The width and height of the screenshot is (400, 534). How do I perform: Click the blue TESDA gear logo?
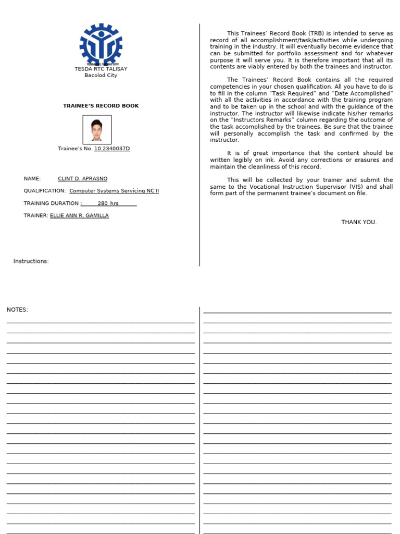pos(101,44)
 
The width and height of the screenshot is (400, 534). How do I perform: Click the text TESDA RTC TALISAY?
pos(101,69)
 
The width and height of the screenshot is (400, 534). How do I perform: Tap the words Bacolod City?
pos(101,75)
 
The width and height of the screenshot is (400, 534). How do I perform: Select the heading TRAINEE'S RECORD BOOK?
pos(101,106)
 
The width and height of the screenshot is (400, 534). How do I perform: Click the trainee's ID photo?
pos(97,129)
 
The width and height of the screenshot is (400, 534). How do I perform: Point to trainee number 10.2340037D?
pos(112,149)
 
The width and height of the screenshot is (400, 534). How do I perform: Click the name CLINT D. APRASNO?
pos(82,179)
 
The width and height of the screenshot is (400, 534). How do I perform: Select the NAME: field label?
pos(32,179)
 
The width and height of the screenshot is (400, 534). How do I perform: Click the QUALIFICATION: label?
pos(45,191)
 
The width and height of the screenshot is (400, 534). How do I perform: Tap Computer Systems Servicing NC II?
pos(114,191)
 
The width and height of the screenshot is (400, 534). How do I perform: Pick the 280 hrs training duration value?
pos(108,203)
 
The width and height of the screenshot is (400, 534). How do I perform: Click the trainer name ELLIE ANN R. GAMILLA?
pos(79,215)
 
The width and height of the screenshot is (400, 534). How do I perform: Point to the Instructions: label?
pos(31,261)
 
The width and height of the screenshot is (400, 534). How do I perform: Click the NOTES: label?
pos(17,310)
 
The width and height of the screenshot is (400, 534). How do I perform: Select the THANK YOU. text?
pos(359,222)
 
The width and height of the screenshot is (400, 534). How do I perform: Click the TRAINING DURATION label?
pos(51,203)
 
